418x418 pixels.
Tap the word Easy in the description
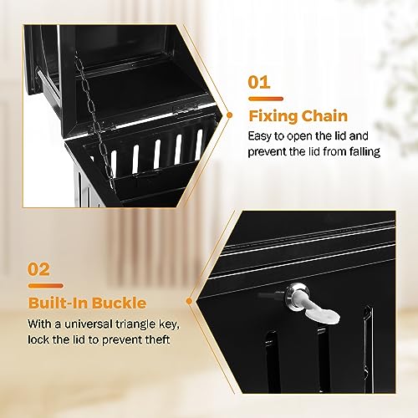point(261,135)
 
